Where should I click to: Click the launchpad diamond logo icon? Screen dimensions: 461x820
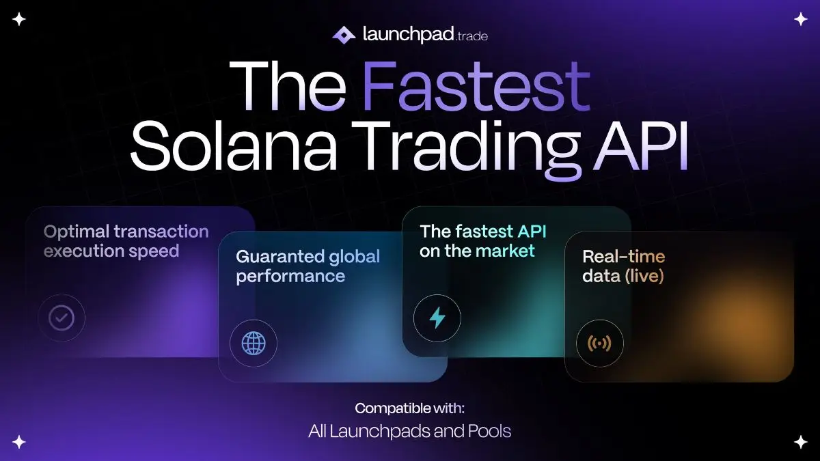(343, 35)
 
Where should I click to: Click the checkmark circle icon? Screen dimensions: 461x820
(61, 318)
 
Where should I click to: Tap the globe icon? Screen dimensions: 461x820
(254, 343)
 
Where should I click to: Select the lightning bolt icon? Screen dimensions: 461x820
(437, 318)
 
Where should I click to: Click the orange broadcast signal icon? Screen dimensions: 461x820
(599, 343)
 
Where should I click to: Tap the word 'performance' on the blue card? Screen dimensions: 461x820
(290, 277)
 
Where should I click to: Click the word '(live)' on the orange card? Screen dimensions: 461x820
(644, 277)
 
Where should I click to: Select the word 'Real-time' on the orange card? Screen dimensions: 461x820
(623, 257)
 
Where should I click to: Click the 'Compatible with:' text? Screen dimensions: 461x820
(409, 409)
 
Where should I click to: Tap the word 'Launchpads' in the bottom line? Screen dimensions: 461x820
(386, 432)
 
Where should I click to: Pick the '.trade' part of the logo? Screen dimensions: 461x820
(471, 36)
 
